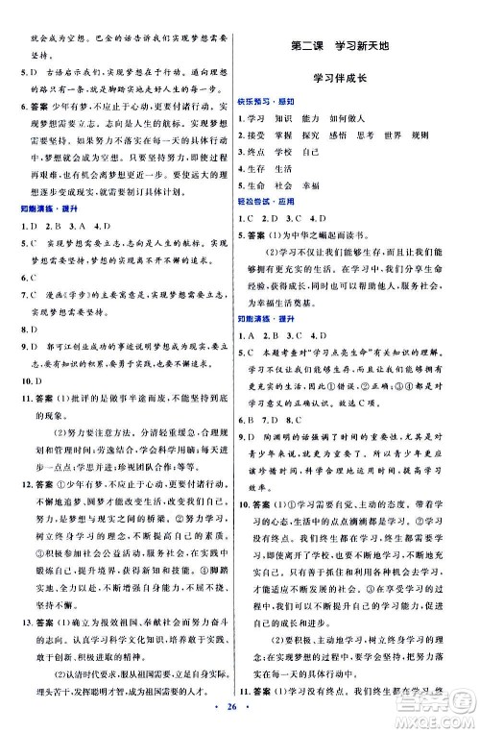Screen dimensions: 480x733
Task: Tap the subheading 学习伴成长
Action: tap(340, 80)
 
